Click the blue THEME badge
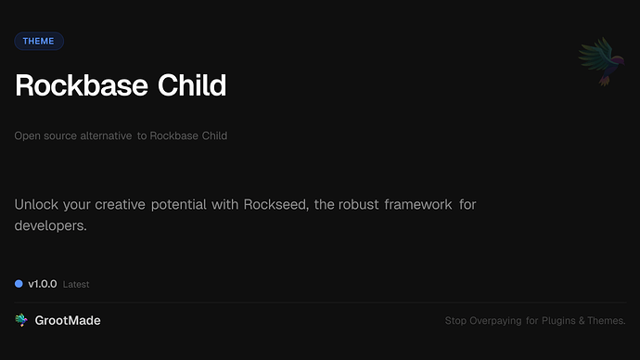39,41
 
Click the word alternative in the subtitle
106,135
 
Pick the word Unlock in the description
35,204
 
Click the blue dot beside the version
19,284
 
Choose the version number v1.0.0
43,284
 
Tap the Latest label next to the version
76,285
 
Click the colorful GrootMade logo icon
21,320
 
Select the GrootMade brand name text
68,320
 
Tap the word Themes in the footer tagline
608,321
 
